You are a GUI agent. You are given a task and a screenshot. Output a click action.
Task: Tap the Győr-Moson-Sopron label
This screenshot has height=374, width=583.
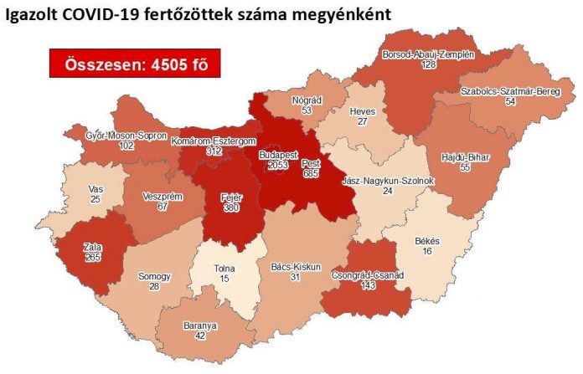tap(126, 136)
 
